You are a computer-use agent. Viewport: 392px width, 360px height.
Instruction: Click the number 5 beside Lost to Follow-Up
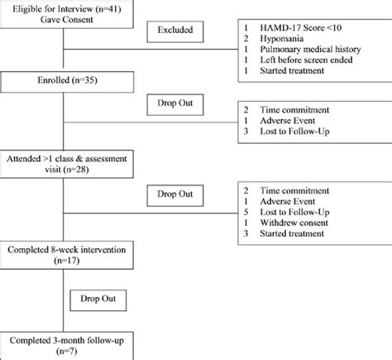tap(246, 211)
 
